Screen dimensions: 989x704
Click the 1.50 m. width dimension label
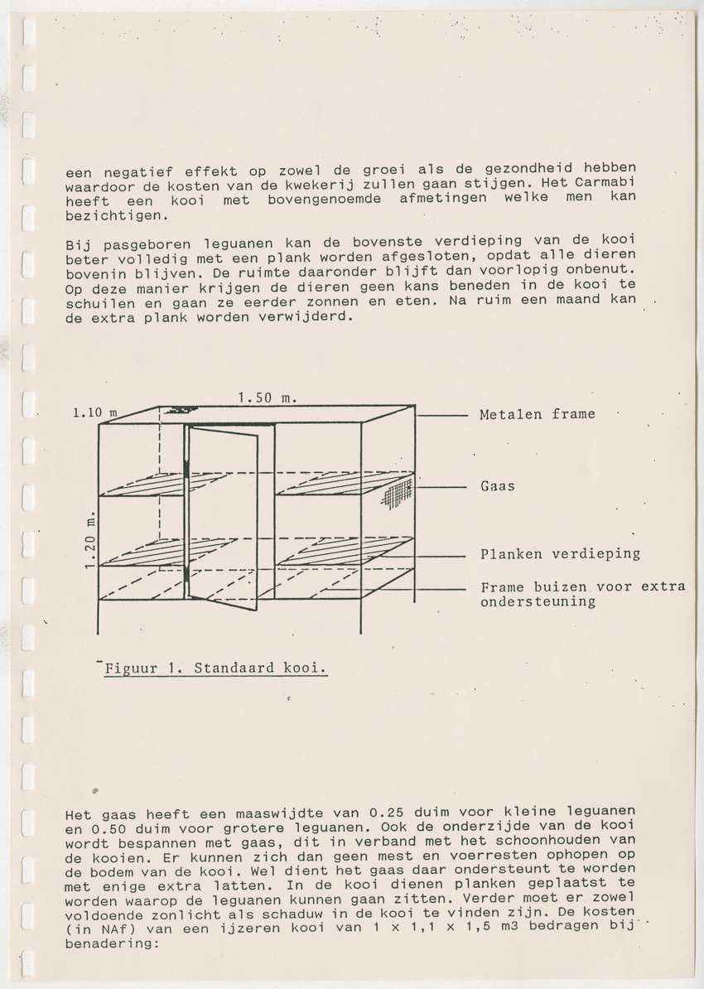coord(267,398)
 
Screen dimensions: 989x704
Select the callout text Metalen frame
coord(537,414)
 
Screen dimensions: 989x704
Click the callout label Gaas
coord(497,486)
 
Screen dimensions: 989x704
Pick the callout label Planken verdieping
coord(560,554)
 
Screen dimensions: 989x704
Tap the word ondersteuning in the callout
coord(538,602)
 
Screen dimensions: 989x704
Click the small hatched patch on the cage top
coord(181,410)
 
